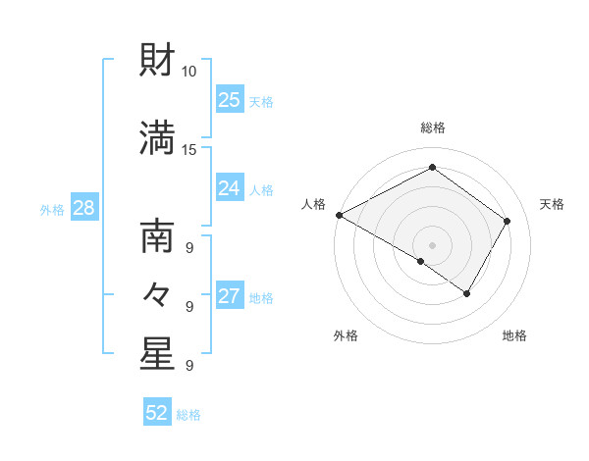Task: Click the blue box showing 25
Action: point(230,99)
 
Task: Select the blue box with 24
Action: point(230,188)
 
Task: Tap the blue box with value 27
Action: point(230,296)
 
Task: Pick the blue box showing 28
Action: point(83,208)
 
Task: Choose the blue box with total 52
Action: point(157,413)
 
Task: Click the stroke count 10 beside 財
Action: point(189,72)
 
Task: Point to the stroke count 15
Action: point(189,149)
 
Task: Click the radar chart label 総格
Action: point(433,128)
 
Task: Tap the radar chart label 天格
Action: point(553,204)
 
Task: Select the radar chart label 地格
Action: point(514,335)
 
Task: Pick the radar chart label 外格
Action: point(346,335)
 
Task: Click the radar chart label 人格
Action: point(314,204)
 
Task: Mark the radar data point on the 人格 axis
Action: point(339,215)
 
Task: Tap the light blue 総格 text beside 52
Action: point(188,415)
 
